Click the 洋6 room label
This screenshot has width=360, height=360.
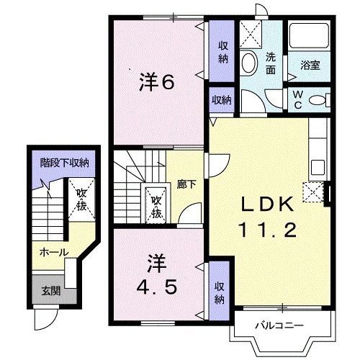(x=157, y=82)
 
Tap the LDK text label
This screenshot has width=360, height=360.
(x=268, y=204)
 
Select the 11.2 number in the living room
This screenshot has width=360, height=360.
(x=267, y=230)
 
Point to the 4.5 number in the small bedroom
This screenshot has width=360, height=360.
(x=157, y=287)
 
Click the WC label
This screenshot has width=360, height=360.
(x=298, y=100)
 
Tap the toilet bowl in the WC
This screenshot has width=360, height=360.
(x=319, y=100)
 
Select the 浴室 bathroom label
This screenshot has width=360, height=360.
(x=310, y=65)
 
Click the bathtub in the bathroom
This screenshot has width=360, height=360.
(x=309, y=36)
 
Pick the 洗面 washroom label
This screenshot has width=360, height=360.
(x=271, y=63)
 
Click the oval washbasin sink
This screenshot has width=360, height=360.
(x=249, y=63)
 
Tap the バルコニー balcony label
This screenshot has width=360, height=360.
(x=279, y=325)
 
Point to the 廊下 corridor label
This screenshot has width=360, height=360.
(x=186, y=184)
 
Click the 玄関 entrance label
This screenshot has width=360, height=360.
(x=51, y=292)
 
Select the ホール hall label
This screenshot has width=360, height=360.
(x=54, y=252)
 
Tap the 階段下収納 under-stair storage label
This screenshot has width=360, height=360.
(x=64, y=163)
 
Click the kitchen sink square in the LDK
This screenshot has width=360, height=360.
(x=318, y=167)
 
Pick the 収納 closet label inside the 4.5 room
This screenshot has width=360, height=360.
(x=220, y=292)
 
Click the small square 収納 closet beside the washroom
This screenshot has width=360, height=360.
(x=222, y=100)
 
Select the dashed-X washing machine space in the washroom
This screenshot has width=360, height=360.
(x=251, y=35)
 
